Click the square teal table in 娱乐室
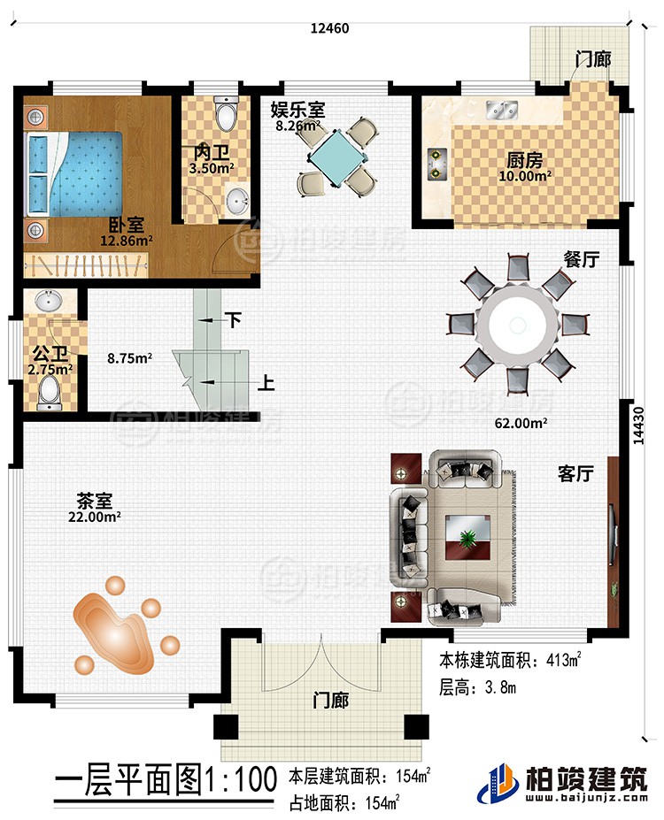(334, 157)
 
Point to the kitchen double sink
(505, 111)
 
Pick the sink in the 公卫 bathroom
(47, 302)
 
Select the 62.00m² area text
(522, 423)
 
